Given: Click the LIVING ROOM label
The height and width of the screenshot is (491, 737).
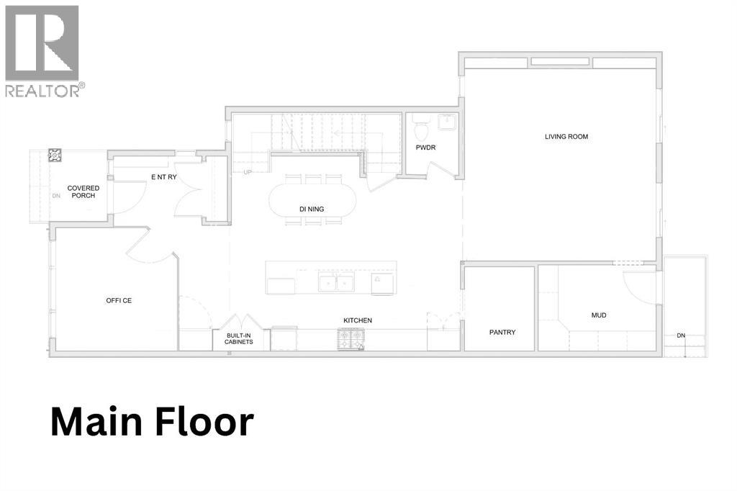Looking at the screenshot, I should (566, 137).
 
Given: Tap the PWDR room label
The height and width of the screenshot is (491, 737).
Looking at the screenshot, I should (425, 148).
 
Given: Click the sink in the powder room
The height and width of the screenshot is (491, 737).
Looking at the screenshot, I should (447, 122).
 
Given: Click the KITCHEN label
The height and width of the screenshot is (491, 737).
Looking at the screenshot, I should (357, 320).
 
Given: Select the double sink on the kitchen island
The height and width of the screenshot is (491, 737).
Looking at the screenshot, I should (336, 283).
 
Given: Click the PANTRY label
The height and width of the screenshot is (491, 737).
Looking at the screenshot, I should (502, 333).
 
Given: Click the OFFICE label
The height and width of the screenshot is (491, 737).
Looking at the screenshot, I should (119, 301).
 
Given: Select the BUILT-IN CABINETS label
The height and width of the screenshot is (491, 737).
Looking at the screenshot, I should (238, 339).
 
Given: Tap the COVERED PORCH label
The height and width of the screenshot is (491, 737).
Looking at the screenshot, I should (83, 192).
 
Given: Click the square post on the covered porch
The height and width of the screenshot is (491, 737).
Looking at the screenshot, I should (55, 155).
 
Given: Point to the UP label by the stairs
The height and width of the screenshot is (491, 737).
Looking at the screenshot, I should (248, 173).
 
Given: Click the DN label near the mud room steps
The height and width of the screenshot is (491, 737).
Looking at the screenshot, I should (680, 335).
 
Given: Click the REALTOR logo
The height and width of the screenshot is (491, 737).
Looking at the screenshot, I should (42, 50).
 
